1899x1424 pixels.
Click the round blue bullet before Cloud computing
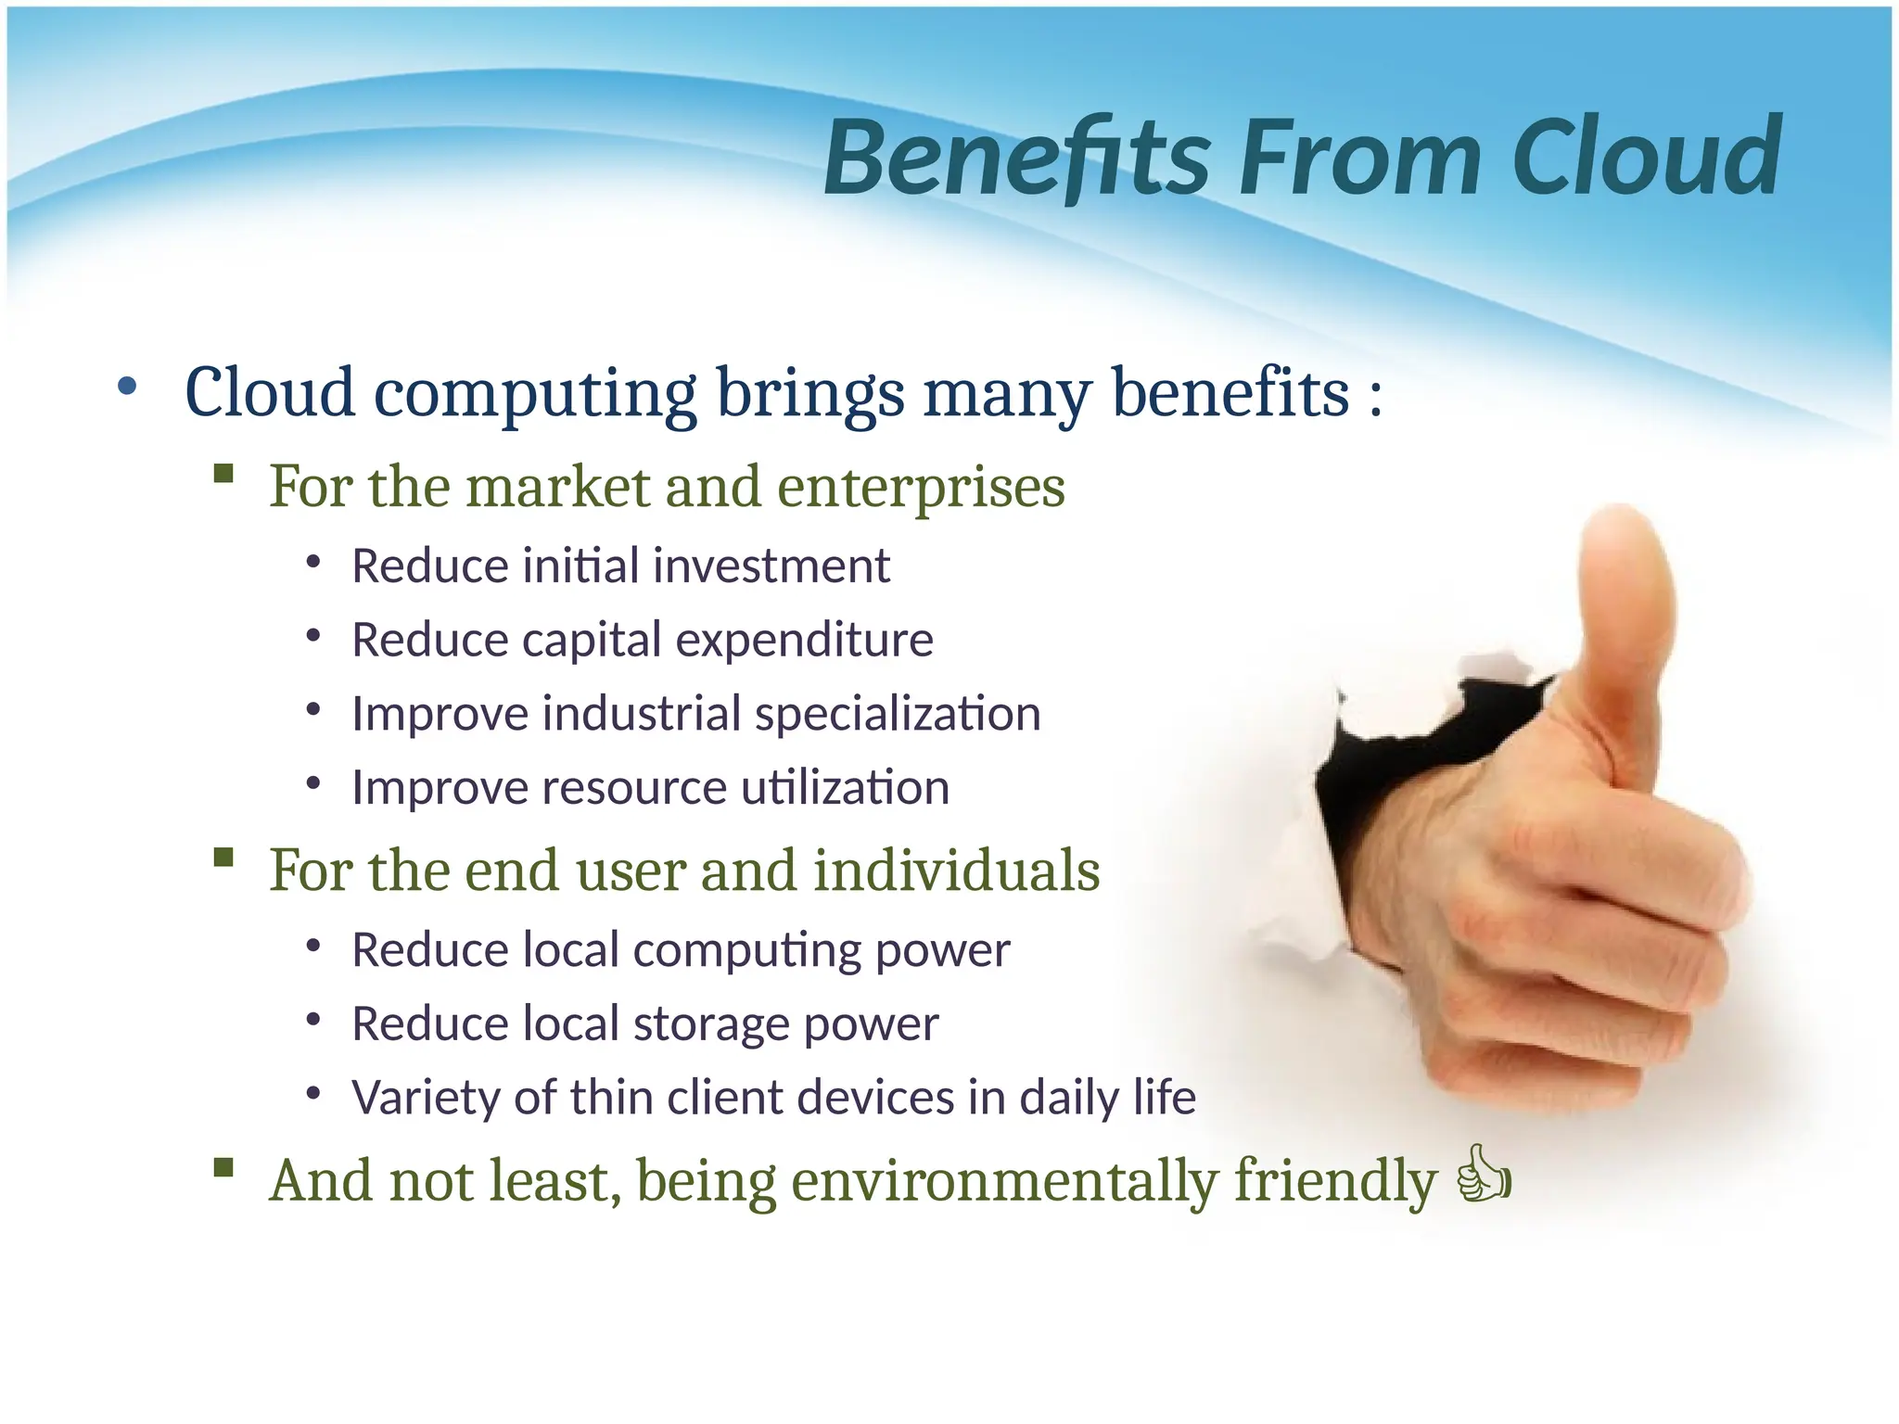(x=127, y=387)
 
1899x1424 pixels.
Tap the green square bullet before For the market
(x=223, y=474)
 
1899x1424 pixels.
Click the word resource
(x=633, y=788)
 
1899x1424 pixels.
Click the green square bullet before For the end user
(x=223, y=857)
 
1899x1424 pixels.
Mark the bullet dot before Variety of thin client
(x=313, y=1095)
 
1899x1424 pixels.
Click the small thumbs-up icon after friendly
(x=1485, y=1175)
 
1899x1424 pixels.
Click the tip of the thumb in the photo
(x=1623, y=528)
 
